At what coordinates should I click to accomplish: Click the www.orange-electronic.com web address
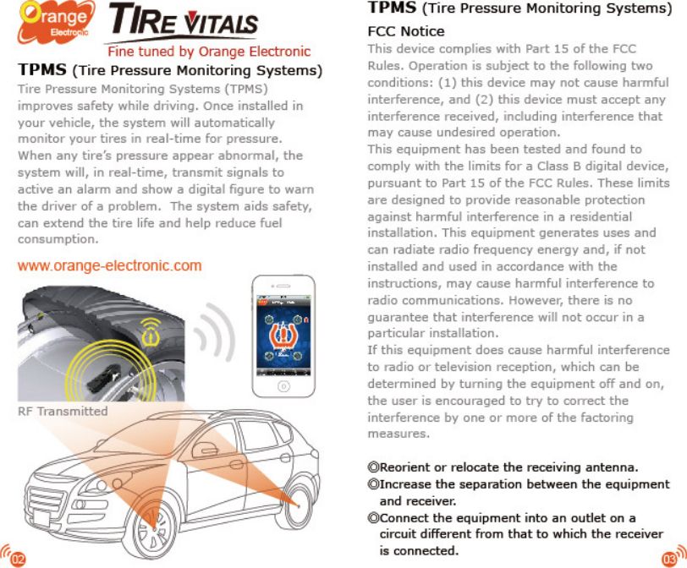click(x=110, y=265)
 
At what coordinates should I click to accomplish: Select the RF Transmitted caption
click(x=63, y=411)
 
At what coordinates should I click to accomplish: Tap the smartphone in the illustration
click(x=284, y=335)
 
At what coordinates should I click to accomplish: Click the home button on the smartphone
click(x=284, y=385)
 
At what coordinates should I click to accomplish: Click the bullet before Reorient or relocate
click(x=373, y=467)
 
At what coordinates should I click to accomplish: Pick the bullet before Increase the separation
click(x=373, y=484)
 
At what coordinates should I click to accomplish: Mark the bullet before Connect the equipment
click(x=373, y=518)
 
